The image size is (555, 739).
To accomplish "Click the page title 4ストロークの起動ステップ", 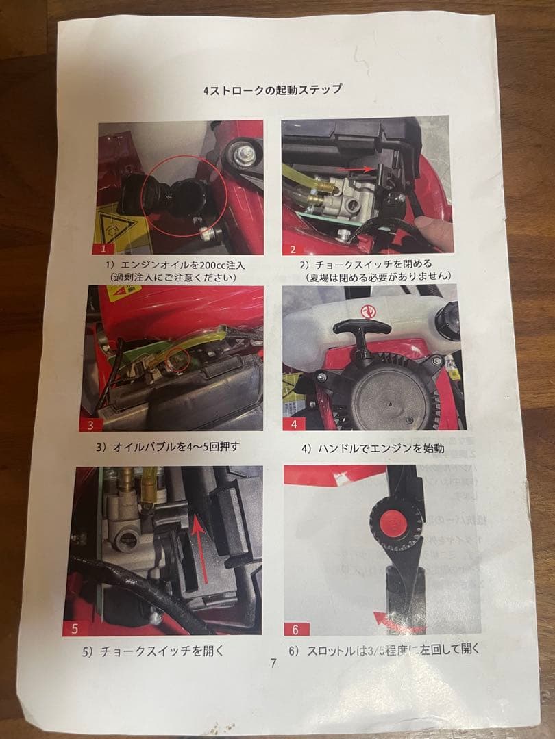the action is click(x=272, y=90).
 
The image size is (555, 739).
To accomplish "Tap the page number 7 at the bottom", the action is click(x=273, y=662).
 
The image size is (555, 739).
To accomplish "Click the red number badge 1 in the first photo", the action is click(x=103, y=248).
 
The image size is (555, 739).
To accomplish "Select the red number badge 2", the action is click(x=293, y=249).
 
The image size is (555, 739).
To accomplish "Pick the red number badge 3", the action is click(x=90, y=424).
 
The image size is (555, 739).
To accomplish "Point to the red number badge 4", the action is click(x=293, y=424).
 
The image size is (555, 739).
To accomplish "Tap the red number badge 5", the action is click(x=75, y=628).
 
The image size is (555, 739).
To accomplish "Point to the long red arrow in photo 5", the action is click(x=201, y=549).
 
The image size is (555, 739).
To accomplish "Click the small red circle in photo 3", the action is click(x=178, y=360).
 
